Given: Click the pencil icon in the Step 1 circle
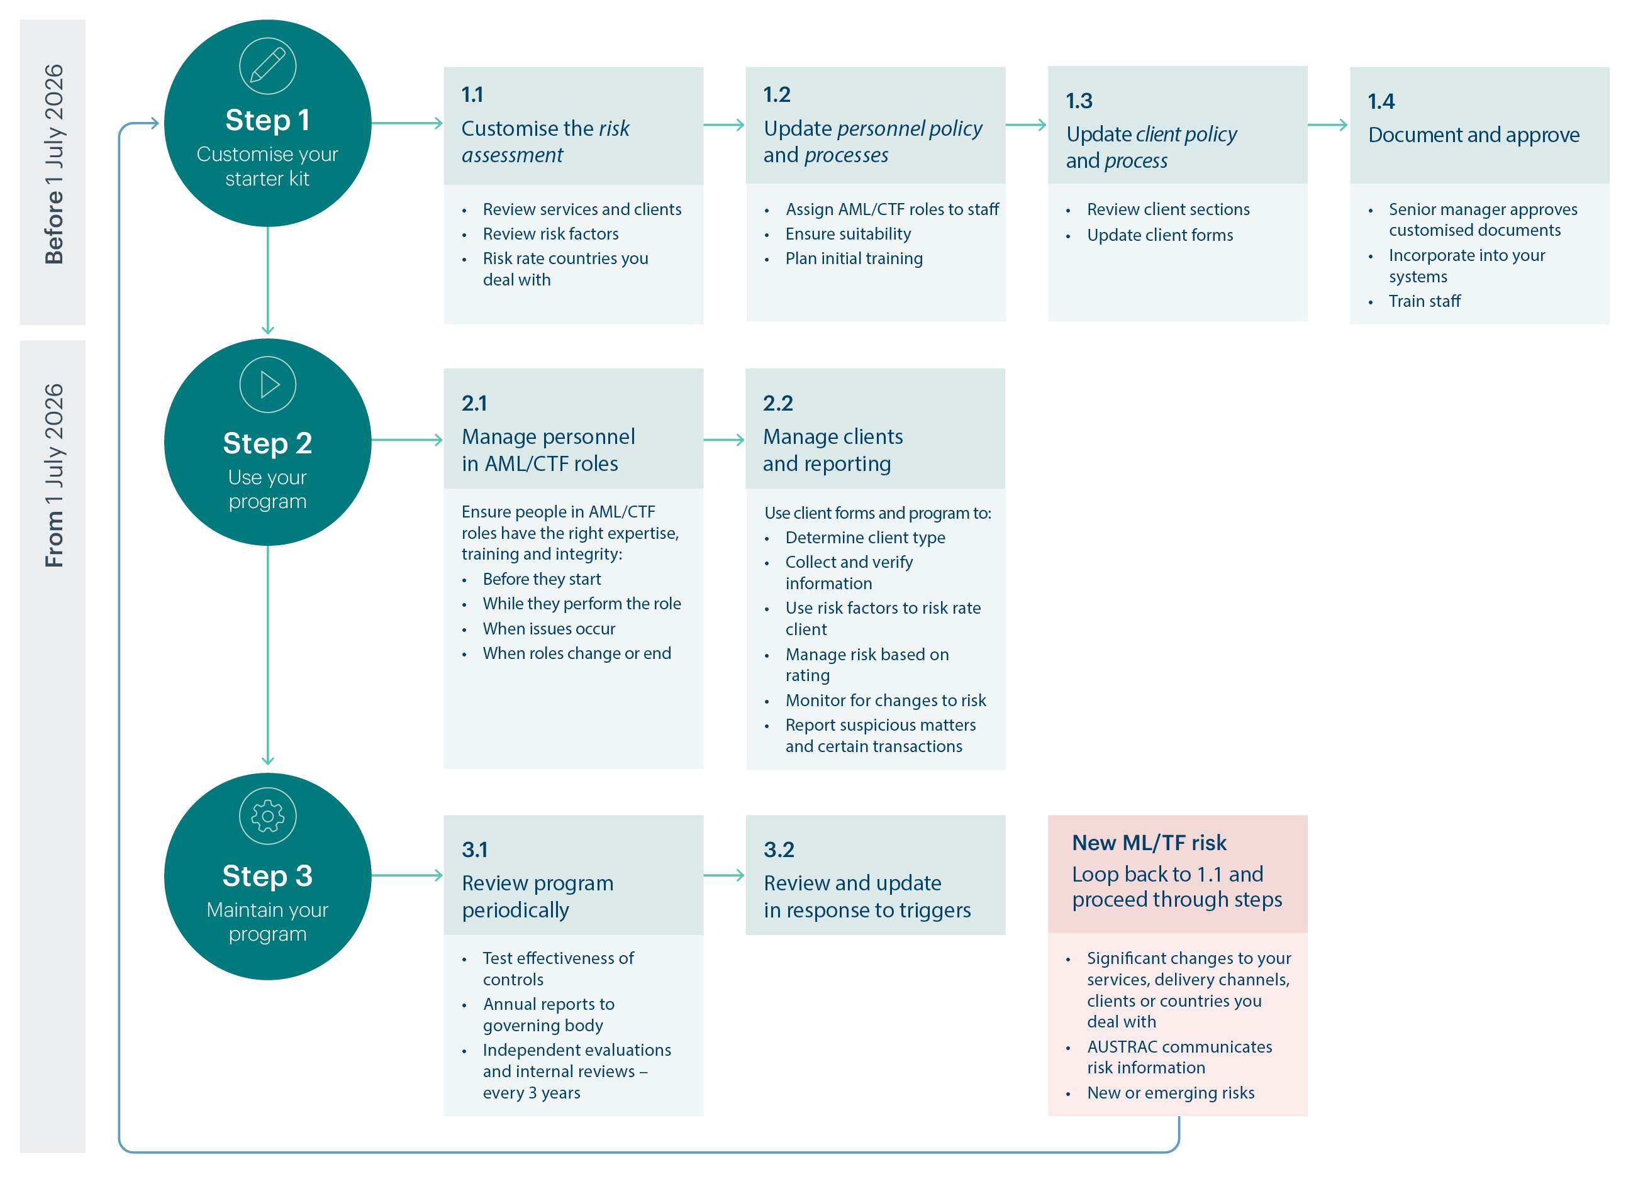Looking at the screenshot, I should (x=267, y=65).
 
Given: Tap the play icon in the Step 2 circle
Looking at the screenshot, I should (x=268, y=385).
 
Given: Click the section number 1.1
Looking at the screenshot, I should (x=472, y=94).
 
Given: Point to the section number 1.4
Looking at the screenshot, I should (x=1380, y=101).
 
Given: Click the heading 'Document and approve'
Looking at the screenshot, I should (x=1473, y=135).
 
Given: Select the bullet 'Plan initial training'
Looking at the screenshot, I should (x=854, y=258).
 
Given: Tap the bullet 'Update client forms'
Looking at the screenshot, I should (x=1159, y=235).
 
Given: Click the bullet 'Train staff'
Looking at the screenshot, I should (x=1423, y=301).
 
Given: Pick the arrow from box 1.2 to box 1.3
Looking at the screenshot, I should (x=1025, y=125).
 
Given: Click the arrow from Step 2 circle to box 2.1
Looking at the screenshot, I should (x=406, y=440).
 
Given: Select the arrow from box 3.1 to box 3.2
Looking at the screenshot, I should (x=723, y=875).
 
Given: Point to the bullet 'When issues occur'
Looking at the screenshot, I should (x=549, y=629).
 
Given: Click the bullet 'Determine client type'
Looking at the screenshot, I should (x=864, y=538).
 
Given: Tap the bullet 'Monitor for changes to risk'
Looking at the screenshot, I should (x=886, y=700).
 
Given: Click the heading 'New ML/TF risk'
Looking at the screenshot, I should (x=1149, y=843).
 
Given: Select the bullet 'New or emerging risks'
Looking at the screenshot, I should (x=1170, y=1093).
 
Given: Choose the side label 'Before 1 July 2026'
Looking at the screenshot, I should (x=54, y=164).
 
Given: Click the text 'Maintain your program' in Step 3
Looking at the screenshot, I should (x=268, y=922).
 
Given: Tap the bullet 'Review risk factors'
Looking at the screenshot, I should (x=550, y=234).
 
